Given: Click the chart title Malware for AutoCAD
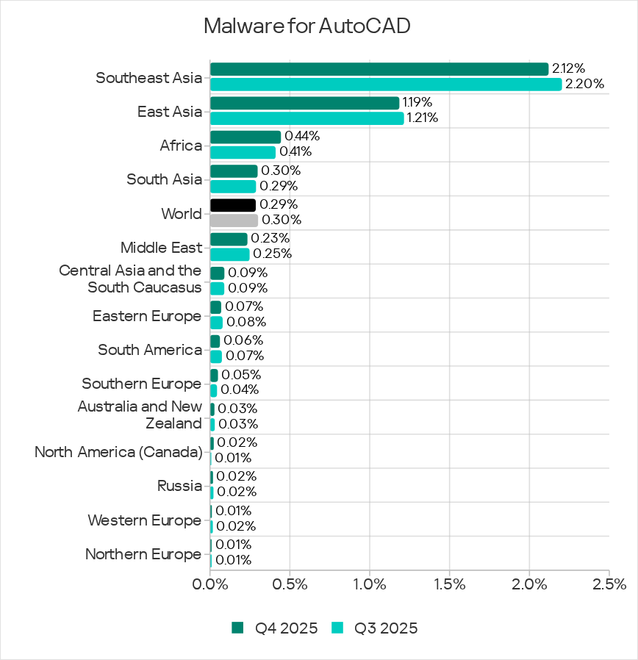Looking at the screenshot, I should [307, 26].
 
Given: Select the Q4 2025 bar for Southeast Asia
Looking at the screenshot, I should [379, 69].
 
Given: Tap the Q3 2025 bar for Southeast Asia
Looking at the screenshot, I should [385, 85].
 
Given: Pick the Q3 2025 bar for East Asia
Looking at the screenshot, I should [307, 118].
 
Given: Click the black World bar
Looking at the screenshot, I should [232, 205].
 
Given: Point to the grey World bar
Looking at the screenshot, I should [234, 220].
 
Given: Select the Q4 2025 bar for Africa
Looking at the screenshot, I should [245, 137].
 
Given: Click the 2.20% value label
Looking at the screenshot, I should [584, 85].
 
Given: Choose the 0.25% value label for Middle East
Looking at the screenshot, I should [272, 254].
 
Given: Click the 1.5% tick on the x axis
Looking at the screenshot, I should [449, 585].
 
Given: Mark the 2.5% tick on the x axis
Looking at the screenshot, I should [609, 585].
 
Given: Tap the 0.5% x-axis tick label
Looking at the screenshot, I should [290, 585].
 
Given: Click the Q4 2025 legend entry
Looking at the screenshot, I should [275, 628].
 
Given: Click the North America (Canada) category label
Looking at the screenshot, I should [118, 451].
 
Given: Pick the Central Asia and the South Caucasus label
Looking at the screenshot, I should [130, 279].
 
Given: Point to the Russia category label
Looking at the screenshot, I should [179, 486].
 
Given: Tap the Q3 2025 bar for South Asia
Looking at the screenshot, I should [232, 187].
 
